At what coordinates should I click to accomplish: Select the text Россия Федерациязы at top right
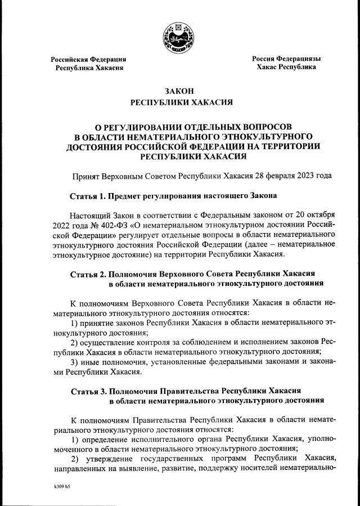click(286, 59)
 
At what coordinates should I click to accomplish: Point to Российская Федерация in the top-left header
click(88, 59)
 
